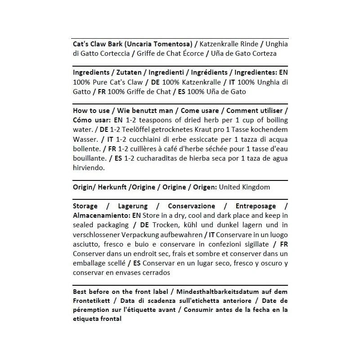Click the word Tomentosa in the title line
pyautogui.click(x=170, y=44)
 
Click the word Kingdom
pyautogui.click(x=256, y=187)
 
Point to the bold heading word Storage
pyautogui.click(x=85, y=206)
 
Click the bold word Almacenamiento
pyautogui.click(x=100, y=216)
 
